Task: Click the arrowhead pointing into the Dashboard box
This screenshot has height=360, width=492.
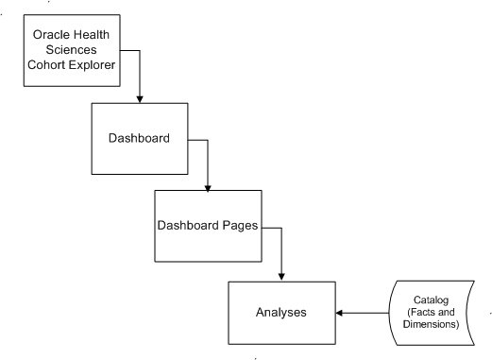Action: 140,98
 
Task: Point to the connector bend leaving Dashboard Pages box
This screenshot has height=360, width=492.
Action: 280,230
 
